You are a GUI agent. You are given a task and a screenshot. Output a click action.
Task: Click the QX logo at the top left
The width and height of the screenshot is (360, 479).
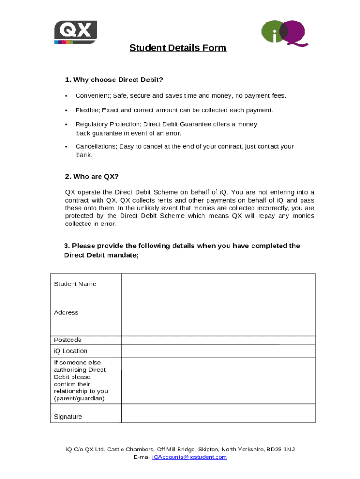coord(75,32)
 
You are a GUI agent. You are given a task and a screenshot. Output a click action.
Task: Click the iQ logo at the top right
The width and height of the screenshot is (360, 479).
coord(284,33)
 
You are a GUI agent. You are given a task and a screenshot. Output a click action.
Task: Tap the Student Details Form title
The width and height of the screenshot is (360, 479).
coord(178,48)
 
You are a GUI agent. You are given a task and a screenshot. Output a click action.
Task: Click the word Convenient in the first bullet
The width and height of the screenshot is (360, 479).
coord(93,96)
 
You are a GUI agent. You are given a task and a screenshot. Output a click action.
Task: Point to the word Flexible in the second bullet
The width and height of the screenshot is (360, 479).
coord(87,110)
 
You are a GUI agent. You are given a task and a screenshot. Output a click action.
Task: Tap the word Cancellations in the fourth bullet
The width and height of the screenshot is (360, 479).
coord(95,146)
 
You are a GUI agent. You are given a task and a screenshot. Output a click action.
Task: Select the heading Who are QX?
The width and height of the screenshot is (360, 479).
coord(92,176)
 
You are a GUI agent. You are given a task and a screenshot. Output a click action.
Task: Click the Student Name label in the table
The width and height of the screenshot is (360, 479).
coord(75,284)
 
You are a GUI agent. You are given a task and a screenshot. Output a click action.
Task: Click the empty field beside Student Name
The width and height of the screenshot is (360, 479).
coord(218,282)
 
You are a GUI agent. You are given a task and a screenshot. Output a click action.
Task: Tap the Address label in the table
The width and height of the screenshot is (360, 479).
coord(66,312)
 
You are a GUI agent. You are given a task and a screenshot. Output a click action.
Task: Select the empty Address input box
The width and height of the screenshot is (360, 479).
coord(218,313)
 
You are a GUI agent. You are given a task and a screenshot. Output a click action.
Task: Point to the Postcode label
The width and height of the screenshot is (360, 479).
coord(67,340)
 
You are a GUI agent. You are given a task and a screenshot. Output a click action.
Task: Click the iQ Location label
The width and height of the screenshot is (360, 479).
coord(71,351)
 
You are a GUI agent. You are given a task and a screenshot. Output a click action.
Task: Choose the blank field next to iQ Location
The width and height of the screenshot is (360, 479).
coord(218,351)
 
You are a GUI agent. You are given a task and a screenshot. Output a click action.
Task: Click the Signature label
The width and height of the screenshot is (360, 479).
coord(68,417)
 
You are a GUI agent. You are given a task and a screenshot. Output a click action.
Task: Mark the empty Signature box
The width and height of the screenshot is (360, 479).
coord(218,414)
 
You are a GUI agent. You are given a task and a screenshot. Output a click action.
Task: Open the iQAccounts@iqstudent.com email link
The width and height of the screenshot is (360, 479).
coord(189,457)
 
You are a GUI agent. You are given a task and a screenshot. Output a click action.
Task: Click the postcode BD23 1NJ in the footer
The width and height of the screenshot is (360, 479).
coord(281,450)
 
